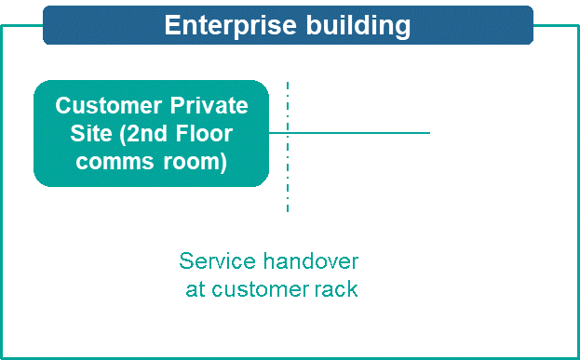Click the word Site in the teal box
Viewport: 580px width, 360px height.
click(91, 134)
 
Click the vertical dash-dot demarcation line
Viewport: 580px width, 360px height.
click(288, 186)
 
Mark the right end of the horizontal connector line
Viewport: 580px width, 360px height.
click(428, 133)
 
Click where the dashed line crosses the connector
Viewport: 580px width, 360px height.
click(288, 133)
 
